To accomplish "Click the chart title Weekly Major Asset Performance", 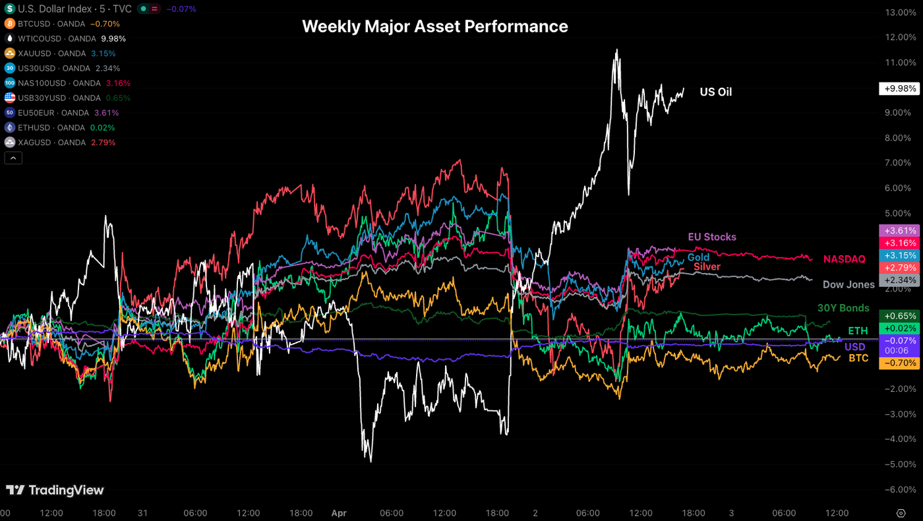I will (434, 26).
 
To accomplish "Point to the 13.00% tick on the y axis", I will (901, 13).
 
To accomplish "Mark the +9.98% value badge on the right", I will (898, 88).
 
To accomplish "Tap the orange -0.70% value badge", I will (898, 363).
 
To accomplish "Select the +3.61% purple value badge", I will (898, 231).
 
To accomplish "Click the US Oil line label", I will (715, 92).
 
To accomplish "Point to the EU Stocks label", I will (712, 237).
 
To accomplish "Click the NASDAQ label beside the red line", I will (844, 259).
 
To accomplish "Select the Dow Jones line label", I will (849, 285).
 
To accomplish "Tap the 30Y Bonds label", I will (843, 308).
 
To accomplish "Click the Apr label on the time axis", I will (338, 512).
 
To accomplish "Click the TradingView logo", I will (55, 490).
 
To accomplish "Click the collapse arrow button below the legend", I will (13, 158).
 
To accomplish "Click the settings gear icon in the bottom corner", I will (901, 512).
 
